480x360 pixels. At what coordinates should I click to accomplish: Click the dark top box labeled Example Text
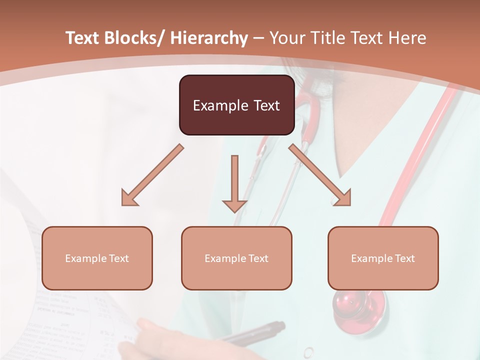coord(236,105)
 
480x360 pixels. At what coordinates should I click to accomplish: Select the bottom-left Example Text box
coord(97,258)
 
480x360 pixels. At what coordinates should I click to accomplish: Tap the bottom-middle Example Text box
coord(236,258)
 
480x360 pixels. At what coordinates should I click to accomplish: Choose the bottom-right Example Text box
coord(383,258)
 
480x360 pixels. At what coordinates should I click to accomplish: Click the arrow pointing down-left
coord(152,175)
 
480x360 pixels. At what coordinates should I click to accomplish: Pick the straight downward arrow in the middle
coord(234,182)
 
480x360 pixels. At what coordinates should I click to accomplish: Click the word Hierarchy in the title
coord(209,38)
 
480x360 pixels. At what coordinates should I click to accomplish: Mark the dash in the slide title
coord(258,38)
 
